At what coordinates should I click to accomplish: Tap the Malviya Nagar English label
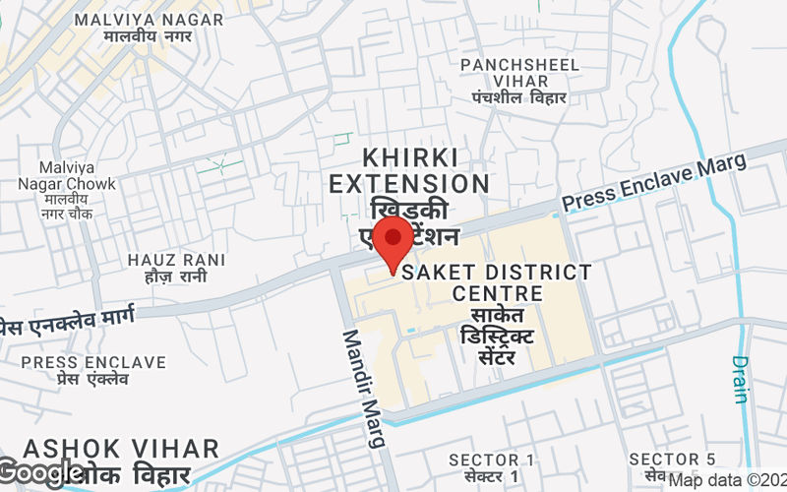(151, 19)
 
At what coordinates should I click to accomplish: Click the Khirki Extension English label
(409, 170)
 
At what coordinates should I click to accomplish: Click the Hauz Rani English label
(176, 260)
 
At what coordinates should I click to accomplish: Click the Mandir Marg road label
(363, 388)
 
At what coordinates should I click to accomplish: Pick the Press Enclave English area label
(93, 363)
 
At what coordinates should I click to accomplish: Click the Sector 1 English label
(492, 460)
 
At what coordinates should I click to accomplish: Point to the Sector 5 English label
(673, 460)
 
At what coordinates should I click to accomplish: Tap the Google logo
(41, 473)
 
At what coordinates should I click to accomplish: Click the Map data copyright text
(727, 480)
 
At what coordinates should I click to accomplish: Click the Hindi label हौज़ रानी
(176, 277)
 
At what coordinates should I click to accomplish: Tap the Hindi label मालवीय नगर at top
(151, 36)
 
